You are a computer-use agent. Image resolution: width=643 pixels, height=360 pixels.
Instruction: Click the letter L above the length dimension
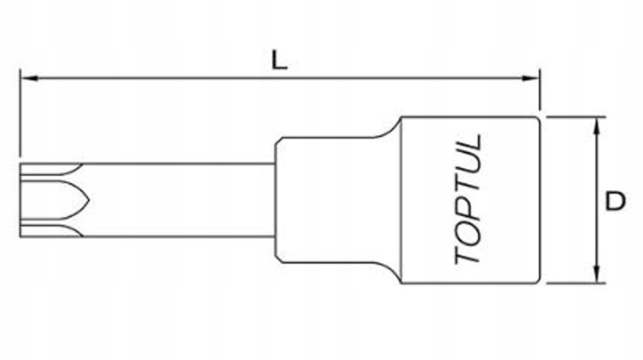pos(279,60)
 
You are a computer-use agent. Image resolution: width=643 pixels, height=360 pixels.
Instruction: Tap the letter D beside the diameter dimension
pos(614,202)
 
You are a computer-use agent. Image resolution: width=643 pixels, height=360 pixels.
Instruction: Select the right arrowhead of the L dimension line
pos(534,79)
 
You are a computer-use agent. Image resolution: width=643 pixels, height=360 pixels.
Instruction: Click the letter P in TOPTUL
pos(468,216)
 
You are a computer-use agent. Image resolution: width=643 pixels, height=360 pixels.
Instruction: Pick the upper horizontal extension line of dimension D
pos(572,117)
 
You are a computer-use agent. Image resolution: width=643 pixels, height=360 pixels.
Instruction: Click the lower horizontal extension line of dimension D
pos(572,284)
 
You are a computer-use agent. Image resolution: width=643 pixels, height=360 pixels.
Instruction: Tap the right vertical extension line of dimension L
pos(541,94)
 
